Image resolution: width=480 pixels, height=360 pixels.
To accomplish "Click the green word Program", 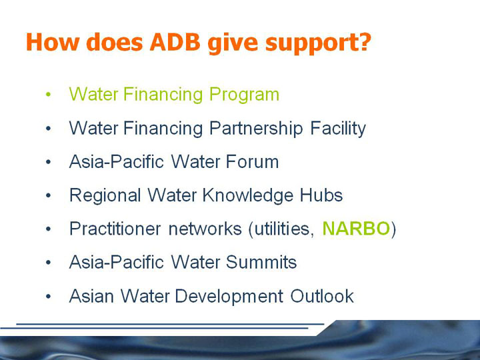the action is [x=244, y=95].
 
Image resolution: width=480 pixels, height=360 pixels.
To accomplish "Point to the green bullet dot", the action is [x=48, y=94].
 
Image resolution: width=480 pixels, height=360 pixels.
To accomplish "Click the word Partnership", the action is [x=256, y=129].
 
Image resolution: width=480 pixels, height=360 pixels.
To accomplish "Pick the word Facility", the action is [x=338, y=129].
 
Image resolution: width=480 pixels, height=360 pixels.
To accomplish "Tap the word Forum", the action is [x=253, y=161].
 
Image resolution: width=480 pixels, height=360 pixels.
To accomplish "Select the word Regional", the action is [x=105, y=196].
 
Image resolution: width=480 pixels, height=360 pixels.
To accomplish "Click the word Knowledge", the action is [x=247, y=196].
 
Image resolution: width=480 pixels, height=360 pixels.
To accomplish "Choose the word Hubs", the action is [x=321, y=195].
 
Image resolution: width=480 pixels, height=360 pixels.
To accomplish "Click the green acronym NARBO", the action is [x=356, y=229].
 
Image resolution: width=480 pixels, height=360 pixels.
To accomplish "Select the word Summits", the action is [x=261, y=263].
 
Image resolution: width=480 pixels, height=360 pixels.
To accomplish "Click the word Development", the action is [x=229, y=297].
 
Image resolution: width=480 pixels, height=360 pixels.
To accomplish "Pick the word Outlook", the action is [x=322, y=296].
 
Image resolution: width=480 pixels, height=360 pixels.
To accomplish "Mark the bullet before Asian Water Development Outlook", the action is [x=48, y=296].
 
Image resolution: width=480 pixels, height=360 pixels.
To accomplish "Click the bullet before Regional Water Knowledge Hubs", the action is [x=48, y=195].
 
